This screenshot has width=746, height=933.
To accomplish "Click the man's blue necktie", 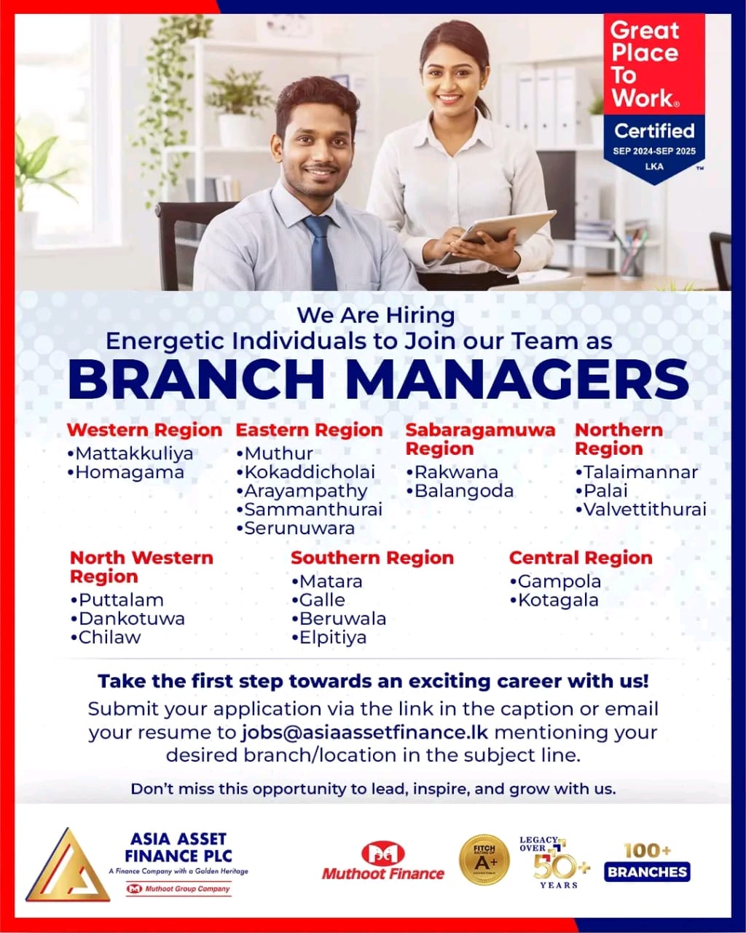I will tap(321, 251).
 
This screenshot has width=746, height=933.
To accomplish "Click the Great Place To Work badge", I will tap(653, 95).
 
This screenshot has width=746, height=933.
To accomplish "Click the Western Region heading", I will tap(144, 430).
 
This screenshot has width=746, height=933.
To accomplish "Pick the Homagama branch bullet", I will tap(125, 472).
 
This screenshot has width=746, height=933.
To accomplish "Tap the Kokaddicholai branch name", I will tap(306, 472).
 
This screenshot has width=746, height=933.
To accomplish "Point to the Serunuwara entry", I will tap(296, 528).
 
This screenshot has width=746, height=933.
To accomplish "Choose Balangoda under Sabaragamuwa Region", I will tap(460, 491).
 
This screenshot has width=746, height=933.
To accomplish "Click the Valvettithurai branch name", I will tap(641, 510).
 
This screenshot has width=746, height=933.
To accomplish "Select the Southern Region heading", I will tap(372, 558).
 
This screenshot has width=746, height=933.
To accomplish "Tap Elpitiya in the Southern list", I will tap(329, 638).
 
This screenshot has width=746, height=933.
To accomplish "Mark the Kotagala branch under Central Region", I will tap(554, 601).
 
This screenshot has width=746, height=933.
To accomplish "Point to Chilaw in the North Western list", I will tap(106, 638).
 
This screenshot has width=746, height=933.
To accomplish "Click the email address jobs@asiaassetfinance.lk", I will tap(365, 732).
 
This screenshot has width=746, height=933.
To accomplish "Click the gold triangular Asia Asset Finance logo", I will tap(67, 865).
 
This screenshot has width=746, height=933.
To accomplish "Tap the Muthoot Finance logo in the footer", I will tap(383, 862).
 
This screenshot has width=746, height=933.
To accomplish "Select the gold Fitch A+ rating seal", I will tap(484, 861).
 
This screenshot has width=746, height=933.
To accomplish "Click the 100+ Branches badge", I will tap(647, 862).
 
